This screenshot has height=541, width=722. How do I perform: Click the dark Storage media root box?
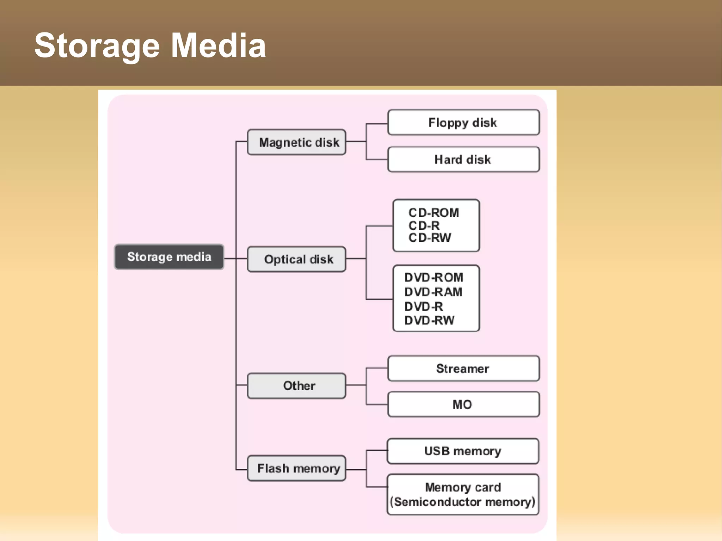click(169, 257)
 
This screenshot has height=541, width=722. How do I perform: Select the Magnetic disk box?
click(296, 142)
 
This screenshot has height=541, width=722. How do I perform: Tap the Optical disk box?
click(296, 259)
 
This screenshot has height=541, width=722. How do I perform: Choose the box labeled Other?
click(296, 386)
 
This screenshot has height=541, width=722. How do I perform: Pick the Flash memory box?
click(296, 468)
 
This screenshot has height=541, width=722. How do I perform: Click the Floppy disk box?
click(463, 122)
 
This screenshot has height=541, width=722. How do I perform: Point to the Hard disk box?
click(463, 160)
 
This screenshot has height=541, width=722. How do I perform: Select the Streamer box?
click(463, 369)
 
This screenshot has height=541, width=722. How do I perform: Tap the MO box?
click(463, 404)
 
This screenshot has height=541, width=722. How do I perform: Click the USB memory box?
click(463, 451)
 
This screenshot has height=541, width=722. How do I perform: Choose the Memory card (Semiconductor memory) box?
click(463, 494)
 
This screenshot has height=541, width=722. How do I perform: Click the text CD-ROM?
click(434, 213)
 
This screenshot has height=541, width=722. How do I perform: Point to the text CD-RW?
click(430, 238)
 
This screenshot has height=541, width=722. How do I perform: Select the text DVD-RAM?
click(433, 292)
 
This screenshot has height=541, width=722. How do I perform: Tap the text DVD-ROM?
click(434, 277)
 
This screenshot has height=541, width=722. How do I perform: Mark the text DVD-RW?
click(429, 320)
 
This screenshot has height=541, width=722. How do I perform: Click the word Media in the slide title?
click(219, 46)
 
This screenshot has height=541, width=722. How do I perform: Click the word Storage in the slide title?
click(97, 46)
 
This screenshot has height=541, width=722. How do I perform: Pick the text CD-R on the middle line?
click(424, 226)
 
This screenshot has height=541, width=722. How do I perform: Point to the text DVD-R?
click(424, 307)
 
